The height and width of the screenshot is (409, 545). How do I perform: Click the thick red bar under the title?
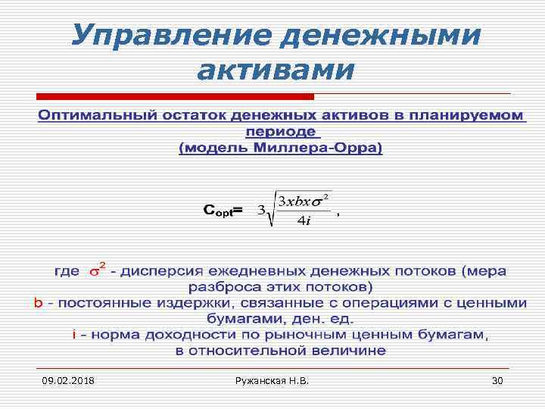tap(175, 97)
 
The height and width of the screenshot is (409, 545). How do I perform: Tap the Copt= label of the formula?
tap(223, 209)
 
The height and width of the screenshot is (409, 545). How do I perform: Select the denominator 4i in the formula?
tap(304, 221)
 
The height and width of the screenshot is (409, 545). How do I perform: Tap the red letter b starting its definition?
tap(38, 303)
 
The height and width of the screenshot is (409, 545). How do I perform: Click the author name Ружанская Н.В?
tap(272, 380)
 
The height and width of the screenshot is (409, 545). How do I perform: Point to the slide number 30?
tap(497, 380)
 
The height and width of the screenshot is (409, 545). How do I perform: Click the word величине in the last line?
tap(347, 351)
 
